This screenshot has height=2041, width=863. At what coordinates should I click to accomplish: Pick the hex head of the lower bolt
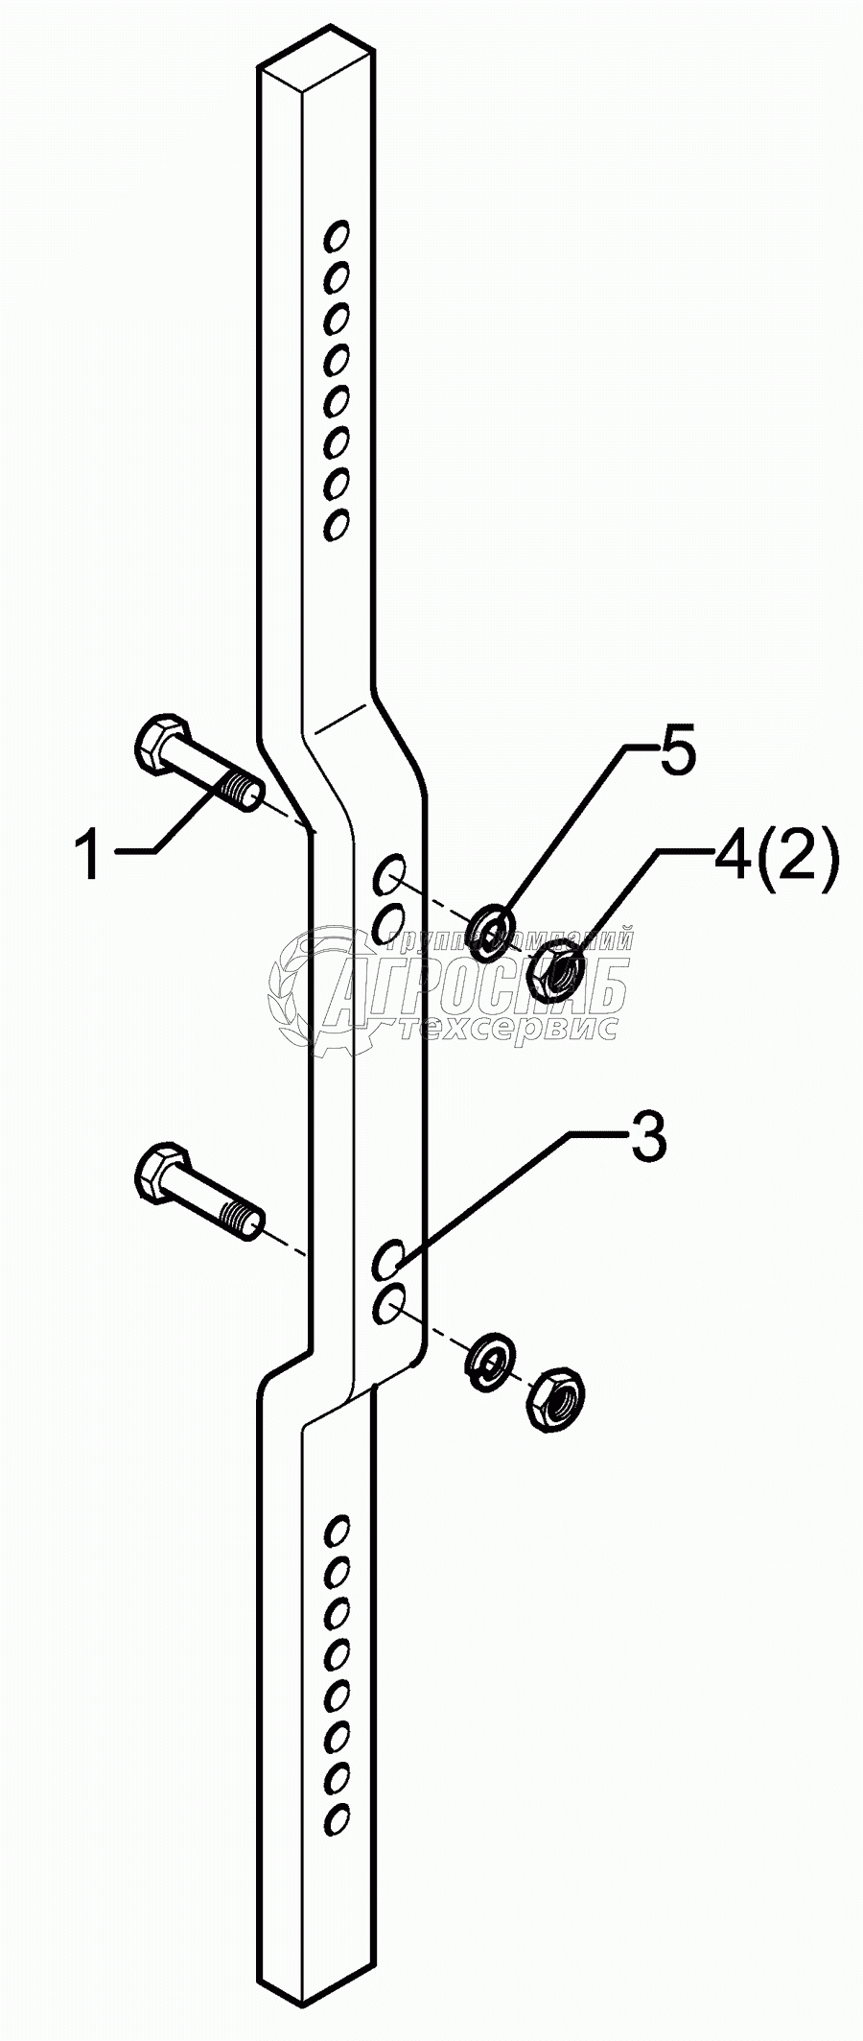pyautogui.click(x=157, y=1171)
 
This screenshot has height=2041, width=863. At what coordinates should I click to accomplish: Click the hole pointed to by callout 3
pyautogui.click(x=388, y=1260)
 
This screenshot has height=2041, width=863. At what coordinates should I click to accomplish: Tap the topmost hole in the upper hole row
pyautogui.click(x=337, y=235)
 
